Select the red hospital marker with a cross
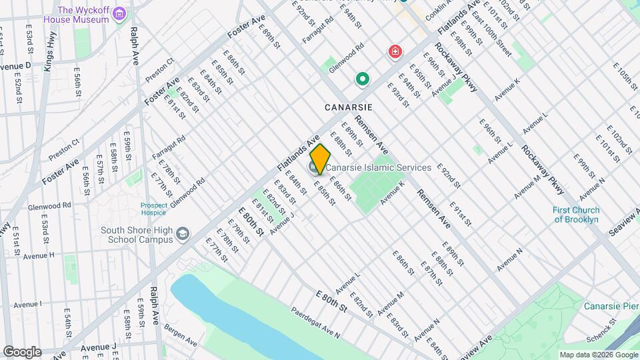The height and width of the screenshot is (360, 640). pyautogui.click(x=395, y=51)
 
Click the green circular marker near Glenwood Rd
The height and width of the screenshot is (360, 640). pyautogui.click(x=363, y=80)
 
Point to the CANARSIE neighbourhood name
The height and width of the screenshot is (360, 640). pyautogui.click(x=348, y=107)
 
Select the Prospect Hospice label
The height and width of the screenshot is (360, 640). pyautogui.click(x=158, y=209)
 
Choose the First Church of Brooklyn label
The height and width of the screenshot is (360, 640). pyautogui.click(x=576, y=215)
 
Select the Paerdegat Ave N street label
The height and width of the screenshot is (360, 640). pyautogui.click(x=315, y=322)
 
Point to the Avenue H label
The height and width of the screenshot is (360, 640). pyautogui.click(x=38, y=255)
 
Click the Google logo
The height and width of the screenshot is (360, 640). pyautogui.click(x=22, y=351)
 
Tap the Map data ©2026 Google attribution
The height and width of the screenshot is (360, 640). pyautogui.click(x=598, y=355)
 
